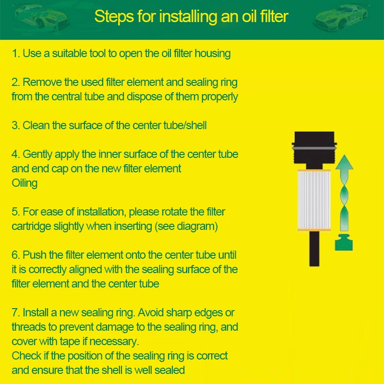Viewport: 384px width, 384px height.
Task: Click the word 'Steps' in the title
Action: point(114,17)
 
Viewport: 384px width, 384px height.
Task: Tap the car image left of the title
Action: point(42,17)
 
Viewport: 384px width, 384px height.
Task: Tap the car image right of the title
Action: point(341,17)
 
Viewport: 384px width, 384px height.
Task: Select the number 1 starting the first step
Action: point(15,54)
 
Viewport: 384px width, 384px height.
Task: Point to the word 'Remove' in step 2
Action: point(42,82)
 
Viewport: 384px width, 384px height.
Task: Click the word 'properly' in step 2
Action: point(219,97)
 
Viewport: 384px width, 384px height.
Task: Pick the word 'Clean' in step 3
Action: point(36,125)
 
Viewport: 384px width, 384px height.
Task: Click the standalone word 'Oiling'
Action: point(24,183)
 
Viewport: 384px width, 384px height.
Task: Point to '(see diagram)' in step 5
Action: point(186,227)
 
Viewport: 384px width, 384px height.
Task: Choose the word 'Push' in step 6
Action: point(34,255)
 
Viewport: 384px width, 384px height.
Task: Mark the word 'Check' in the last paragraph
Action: point(26,356)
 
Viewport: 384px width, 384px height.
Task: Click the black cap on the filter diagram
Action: point(314,150)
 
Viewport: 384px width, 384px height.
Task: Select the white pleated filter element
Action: point(314,200)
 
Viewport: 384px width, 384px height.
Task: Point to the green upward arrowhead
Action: point(344,162)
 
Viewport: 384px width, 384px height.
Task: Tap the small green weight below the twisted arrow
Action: point(344,242)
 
